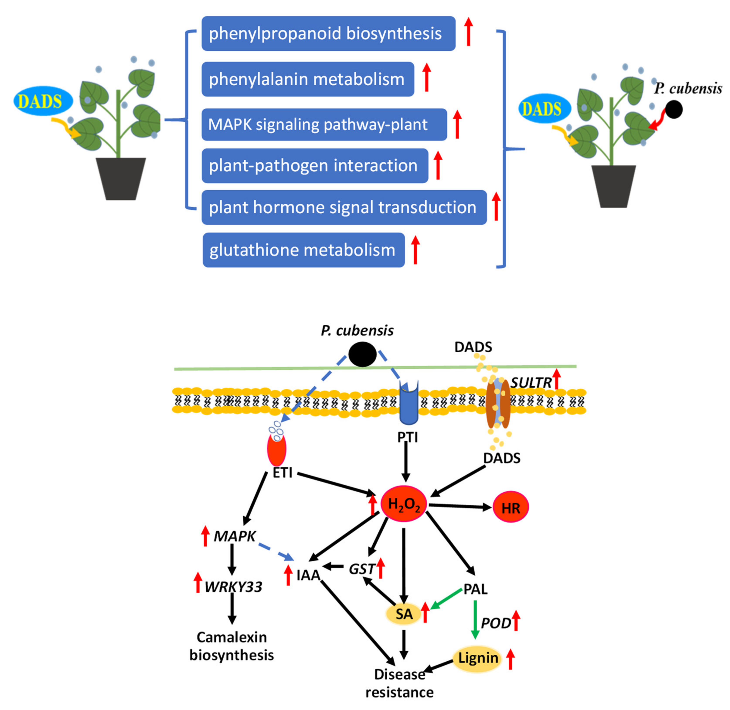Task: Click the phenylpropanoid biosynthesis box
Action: tap(328, 34)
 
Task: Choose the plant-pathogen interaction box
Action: tap(315, 166)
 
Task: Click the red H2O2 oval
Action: tap(404, 504)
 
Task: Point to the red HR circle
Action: tap(511, 507)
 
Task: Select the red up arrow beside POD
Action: tap(516, 621)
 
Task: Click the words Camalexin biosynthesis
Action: tap(231, 646)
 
